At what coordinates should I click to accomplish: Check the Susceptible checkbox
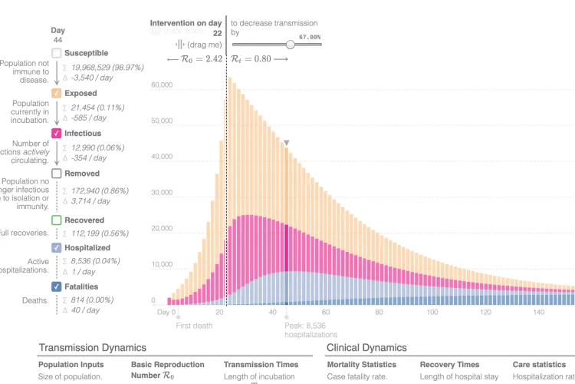57,53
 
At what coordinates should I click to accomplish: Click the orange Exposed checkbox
57,93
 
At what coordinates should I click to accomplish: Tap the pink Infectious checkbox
57,133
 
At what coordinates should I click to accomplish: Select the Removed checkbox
57,174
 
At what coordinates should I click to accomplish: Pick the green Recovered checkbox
57,220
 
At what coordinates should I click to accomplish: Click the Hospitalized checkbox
57,248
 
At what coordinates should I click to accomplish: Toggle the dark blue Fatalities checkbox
57,286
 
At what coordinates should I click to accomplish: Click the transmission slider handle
290,45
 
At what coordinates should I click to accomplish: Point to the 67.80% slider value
310,36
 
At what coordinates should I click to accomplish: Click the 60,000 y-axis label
162,84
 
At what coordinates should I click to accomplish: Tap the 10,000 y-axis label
162,264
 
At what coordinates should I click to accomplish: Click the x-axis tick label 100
432,312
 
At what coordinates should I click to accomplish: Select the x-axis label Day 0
167,312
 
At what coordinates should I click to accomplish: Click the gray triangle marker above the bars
287,143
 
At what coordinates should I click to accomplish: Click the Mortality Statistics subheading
362,365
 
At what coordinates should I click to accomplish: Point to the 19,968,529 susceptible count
97,68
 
